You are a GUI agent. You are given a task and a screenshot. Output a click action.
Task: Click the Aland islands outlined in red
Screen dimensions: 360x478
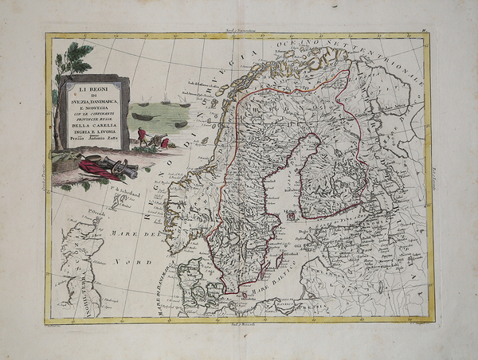coord(291,214)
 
